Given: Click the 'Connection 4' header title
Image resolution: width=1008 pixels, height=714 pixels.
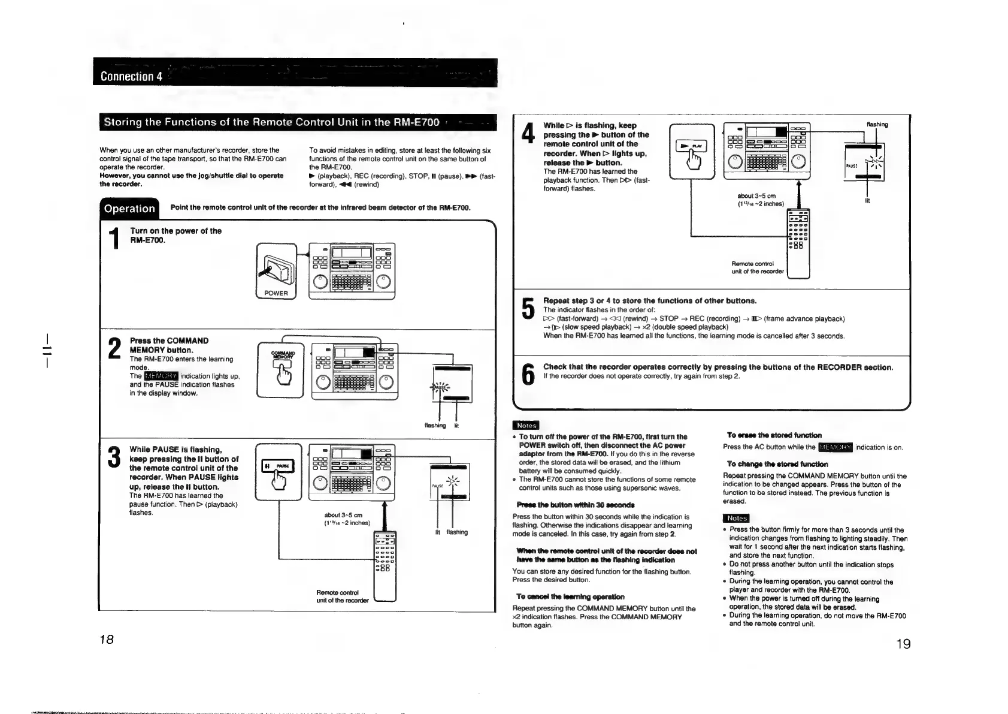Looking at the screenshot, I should (x=132, y=76).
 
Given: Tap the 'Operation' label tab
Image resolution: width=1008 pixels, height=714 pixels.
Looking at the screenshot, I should (x=129, y=208).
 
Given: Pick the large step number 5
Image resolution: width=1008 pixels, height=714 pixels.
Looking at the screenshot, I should (x=528, y=309).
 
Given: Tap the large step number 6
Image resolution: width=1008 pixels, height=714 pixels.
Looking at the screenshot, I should (x=528, y=374).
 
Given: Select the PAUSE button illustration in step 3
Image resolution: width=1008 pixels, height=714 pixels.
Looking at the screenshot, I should (x=277, y=471).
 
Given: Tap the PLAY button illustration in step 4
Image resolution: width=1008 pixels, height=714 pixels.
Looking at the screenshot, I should (x=692, y=150).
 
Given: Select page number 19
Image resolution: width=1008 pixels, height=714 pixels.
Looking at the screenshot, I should (x=903, y=644).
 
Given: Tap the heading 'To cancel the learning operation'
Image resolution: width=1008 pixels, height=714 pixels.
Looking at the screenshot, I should (x=570, y=596).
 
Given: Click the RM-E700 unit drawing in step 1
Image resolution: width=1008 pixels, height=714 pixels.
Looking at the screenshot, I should (x=352, y=270).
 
